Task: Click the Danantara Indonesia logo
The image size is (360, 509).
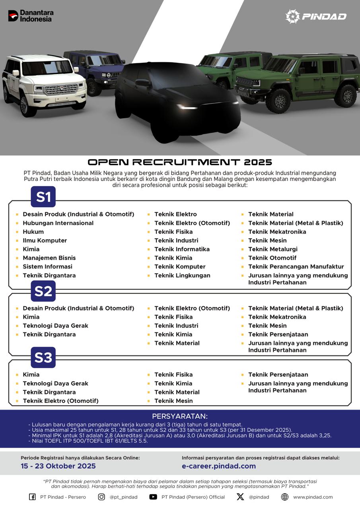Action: pos(31,16)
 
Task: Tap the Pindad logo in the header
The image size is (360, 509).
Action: pos(316,16)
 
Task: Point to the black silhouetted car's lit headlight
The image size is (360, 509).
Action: pos(187,107)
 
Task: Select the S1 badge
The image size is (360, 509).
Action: pos(43,197)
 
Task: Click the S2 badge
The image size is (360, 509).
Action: pos(43,291)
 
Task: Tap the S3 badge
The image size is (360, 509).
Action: pos(43,357)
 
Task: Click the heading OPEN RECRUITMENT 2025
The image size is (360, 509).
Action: pos(180,162)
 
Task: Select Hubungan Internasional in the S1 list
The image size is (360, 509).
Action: pos(58,223)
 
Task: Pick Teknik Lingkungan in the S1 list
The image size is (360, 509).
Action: pos(182,275)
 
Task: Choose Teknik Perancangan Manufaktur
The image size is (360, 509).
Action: pos(296,266)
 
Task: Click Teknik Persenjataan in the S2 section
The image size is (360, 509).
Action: pos(278,334)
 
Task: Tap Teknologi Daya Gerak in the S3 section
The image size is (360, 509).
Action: pos(55,383)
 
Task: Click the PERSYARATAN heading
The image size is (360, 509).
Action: pos(180,416)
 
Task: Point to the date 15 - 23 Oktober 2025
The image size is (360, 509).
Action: pos(58,466)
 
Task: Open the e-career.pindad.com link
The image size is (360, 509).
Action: pos(219,466)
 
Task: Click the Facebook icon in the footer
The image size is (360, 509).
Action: pos(32,497)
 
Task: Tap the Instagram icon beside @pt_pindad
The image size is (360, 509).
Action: pos(101,497)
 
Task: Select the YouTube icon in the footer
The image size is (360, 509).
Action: pos(153,497)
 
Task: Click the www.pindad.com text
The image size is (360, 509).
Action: pos(313,497)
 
